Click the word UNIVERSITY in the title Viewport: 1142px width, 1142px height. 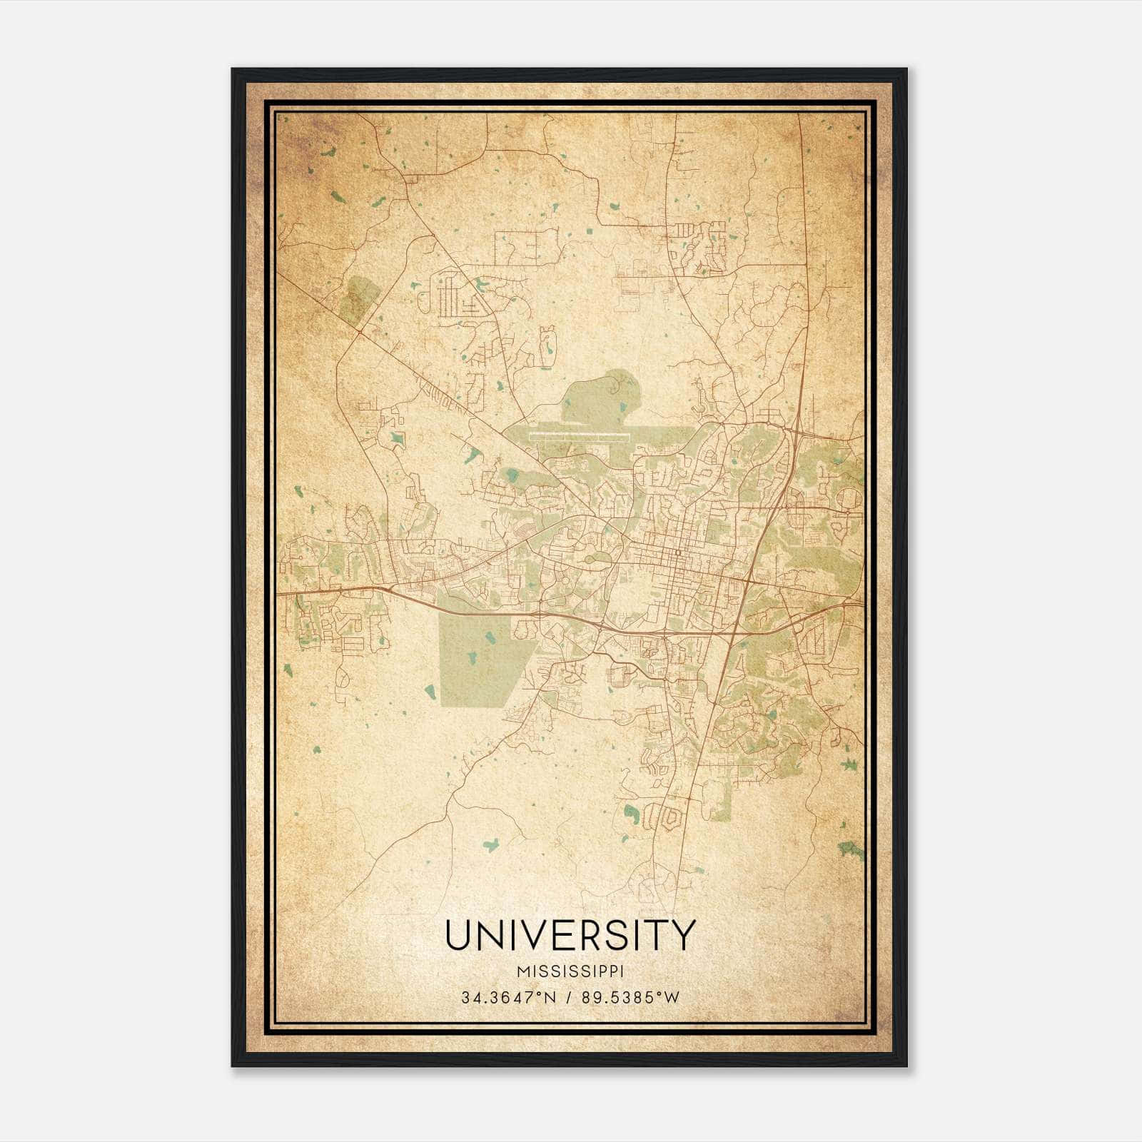point(570,935)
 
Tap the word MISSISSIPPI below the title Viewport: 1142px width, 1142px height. point(570,972)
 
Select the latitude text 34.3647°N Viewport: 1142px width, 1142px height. point(507,998)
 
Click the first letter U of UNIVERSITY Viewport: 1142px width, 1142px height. point(459,935)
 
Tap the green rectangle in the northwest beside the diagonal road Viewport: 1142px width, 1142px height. point(360,300)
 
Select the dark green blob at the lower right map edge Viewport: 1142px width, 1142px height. point(851,849)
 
